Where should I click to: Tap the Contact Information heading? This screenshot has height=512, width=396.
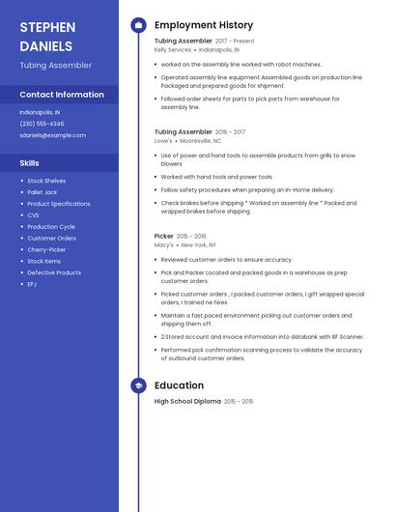pyautogui.click(x=62, y=95)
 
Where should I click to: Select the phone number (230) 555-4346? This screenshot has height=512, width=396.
pyautogui.click(x=42, y=124)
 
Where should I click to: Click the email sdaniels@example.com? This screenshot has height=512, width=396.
pyautogui.click(x=52, y=135)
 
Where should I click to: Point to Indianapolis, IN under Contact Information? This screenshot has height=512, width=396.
pyautogui.click(x=40, y=112)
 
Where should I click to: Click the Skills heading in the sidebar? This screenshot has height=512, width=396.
pyautogui.click(x=30, y=163)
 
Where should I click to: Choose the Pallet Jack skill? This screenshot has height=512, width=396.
pyautogui.click(x=42, y=192)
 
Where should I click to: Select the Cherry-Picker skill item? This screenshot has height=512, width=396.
pyautogui.click(x=47, y=249)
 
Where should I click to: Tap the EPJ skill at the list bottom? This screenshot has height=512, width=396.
pyautogui.click(x=32, y=284)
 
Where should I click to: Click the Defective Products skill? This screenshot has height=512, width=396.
pyautogui.click(x=54, y=272)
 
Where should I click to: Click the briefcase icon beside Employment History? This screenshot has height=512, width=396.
pyautogui.click(x=138, y=25)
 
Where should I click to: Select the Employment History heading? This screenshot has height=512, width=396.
pyautogui.click(x=203, y=25)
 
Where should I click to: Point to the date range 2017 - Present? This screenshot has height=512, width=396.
pyautogui.click(x=235, y=42)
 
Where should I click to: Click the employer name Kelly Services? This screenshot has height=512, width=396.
pyautogui.click(x=173, y=49)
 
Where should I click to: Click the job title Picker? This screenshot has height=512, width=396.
pyautogui.click(x=163, y=236)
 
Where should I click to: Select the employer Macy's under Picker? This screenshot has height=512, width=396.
pyautogui.click(x=163, y=245)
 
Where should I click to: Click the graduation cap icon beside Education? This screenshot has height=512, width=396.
pyautogui.click(x=138, y=385)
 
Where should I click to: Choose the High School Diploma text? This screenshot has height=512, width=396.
pyautogui.click(x=187, y=401)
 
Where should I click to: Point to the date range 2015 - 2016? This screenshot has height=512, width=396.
pyautogui.click(x=191, y=236)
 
